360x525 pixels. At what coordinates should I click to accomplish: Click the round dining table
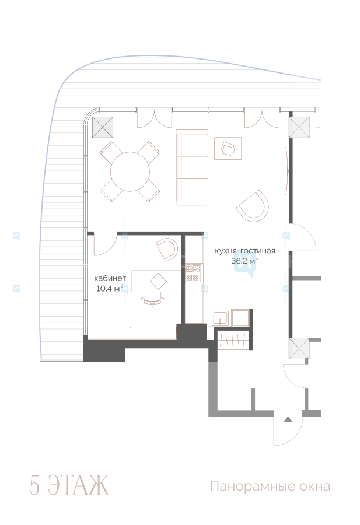130,171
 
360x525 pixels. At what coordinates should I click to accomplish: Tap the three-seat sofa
192,167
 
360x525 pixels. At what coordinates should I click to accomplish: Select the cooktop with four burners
193,273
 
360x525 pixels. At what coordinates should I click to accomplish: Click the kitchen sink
220,318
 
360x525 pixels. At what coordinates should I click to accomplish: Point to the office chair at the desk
153,299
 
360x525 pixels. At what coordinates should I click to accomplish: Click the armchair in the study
167,249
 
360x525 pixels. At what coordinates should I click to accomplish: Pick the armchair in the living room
253,206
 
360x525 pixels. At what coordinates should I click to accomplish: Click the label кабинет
110,278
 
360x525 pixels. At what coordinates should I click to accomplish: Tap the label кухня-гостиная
245,251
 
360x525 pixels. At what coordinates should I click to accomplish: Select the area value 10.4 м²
110,288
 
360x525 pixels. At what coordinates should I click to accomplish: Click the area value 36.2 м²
245,261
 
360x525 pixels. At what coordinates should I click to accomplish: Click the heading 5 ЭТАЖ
69,485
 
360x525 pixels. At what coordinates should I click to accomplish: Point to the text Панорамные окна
270,486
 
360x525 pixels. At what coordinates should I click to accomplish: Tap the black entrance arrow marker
288,419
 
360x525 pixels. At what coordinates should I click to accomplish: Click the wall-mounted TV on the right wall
286,170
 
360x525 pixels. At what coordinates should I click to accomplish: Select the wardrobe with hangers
234,340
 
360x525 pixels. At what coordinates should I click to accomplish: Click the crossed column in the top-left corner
103,127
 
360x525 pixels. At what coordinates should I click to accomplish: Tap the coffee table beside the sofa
228,148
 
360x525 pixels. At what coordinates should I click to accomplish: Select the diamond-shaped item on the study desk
158,281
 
